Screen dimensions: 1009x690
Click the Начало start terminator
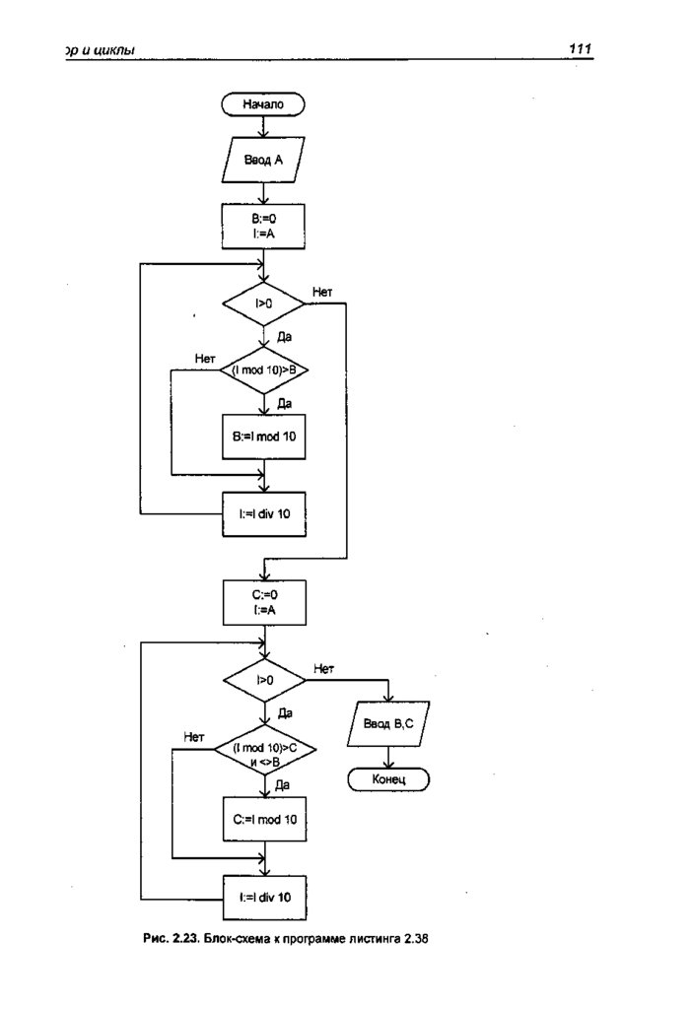click(263, 102)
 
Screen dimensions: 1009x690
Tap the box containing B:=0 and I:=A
click(263, 226)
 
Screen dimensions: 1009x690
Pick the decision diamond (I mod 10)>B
click(263, 370)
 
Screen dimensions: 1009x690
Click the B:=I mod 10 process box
click(263, 436)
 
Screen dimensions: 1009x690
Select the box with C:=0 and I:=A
click(263, 603)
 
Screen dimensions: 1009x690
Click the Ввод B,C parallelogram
click(389, 725)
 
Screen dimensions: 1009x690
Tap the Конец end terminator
click(389, 779)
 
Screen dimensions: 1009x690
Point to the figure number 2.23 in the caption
click(188, 939)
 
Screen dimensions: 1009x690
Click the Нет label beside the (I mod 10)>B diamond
click(205, 358)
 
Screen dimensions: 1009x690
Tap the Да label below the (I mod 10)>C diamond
click(282, 785)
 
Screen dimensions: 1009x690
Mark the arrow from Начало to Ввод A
click(263, 126)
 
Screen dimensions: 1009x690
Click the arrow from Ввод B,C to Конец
click(389, 756)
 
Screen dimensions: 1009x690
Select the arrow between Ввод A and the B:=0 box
click(263, 192)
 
